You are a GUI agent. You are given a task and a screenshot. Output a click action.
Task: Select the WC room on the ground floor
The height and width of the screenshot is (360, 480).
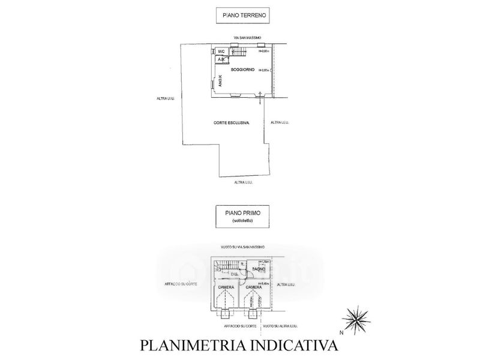click(x=221, y=52)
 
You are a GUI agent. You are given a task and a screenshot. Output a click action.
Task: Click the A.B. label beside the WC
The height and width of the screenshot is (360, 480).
click(x=220, y=59)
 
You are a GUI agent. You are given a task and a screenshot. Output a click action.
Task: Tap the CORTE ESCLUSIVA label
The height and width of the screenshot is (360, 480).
click(x=231, y=122)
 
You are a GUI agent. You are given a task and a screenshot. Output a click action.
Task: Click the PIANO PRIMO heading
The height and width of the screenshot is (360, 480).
click(x=242, y=212)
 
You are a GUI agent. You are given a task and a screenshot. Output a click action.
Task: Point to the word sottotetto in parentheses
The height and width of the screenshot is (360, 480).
click(x=242, y=222)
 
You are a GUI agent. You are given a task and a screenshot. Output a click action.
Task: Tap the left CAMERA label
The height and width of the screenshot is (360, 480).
click(x=226, y=287)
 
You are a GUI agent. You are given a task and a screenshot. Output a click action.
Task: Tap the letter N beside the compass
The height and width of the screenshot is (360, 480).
click(x=340, y=331)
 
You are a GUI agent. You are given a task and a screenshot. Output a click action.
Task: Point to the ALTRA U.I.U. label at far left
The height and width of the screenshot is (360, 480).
click(x=166, y=99)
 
